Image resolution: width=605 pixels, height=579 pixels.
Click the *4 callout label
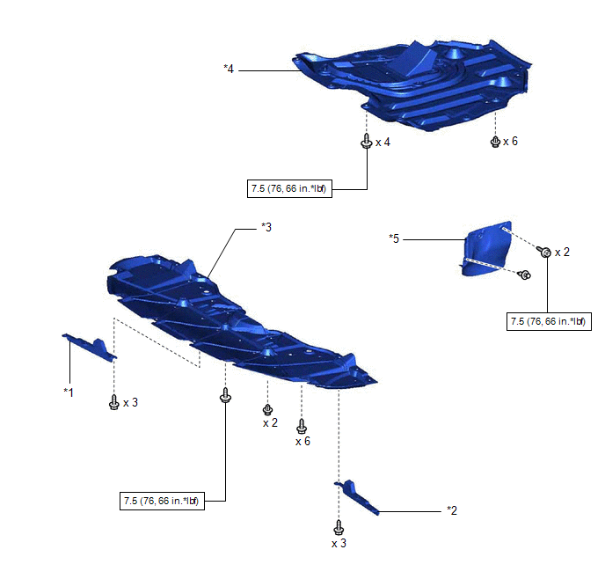point(230,67)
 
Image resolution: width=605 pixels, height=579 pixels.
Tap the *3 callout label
point(266,227)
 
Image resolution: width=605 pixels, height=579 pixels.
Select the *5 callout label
point(395,238)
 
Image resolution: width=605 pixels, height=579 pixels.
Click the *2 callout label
point(452,509)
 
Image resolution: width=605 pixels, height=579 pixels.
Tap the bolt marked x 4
point(365,142)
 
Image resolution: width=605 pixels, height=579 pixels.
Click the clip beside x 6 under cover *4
point(496,141)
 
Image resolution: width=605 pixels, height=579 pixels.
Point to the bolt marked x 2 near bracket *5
point(545,253)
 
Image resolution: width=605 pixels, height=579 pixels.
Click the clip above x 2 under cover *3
point(267,409)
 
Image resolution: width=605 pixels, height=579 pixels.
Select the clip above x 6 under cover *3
point(302,426)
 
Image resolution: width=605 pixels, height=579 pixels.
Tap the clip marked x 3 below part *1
point(113,402)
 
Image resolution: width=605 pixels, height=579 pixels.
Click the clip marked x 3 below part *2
point(339,528)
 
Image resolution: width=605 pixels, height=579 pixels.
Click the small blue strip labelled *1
point(88,347)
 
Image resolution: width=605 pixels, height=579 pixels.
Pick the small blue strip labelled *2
point(355,496)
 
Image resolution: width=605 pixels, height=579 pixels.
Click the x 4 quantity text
point(383,142)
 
